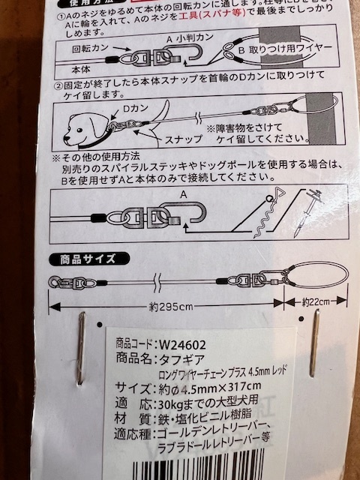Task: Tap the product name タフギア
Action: (x=181, y=359)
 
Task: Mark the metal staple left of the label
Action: (x=80, y=348)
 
